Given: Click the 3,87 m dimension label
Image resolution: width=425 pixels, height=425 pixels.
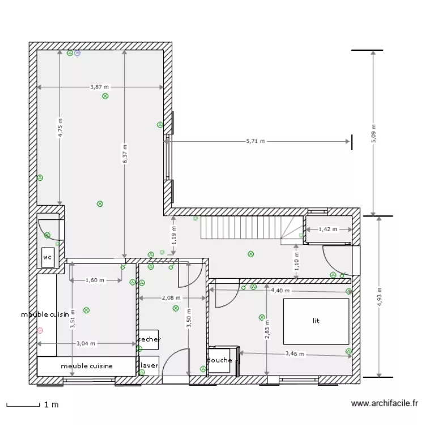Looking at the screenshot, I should pyautogui.click(x=100, y=87).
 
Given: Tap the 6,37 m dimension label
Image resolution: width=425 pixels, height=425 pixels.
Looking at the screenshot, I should pyautogui.click(x=125, y=153).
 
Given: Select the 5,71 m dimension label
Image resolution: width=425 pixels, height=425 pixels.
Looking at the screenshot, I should pyautogui.click(x=256, y=141).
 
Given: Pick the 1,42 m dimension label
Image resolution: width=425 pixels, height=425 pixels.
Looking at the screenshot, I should pyautogui.click(x=328, y=229).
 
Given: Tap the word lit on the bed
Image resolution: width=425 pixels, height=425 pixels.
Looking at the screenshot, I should pyautogui.click(x=316, y=321).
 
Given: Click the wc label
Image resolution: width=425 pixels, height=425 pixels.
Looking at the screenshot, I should pyautogui.click(x=47, y=257).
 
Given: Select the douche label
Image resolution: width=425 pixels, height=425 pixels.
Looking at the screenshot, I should pyautogui.click(x=219, y=360).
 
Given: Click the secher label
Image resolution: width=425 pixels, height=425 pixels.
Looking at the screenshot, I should pyautogui.click(x=149, y=339).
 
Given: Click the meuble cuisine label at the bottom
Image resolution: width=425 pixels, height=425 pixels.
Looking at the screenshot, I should pyautogui.click(x=87, y=366).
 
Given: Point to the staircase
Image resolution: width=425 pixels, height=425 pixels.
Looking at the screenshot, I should pyautogui.click(x=241, y=228).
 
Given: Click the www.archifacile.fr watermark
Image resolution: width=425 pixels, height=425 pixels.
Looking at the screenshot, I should pyautogui.click(x=385, y=404).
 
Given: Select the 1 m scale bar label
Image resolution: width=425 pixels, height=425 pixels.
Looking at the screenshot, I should pyautogui.click(x=51, y=405).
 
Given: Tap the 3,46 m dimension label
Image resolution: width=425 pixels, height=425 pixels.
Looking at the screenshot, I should pyautogui.click(x=295, y=355).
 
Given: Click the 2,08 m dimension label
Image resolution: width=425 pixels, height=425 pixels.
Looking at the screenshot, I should pyautogui.click(x=171, y=297).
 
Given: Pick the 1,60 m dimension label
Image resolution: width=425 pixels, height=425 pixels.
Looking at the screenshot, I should pyautogui.click(x=95, y=280).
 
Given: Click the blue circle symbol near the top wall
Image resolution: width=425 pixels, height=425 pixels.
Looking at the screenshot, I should pyautogui.click(x=77, y=53).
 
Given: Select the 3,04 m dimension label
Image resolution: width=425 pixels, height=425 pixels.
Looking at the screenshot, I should pyautogui.click(x=86, y=343).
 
